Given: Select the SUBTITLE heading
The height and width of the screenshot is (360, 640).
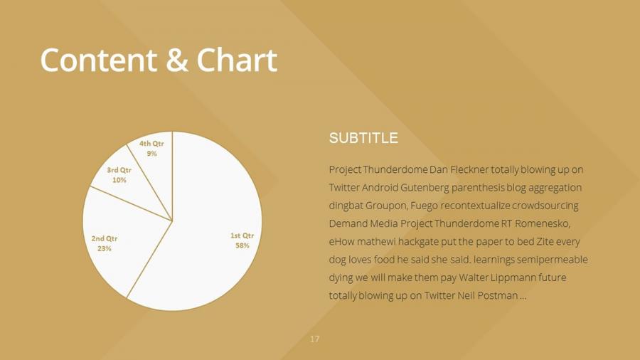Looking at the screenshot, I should (x=363, y=138).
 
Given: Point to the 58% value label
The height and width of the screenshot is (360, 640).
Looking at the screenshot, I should (x=242, y=245).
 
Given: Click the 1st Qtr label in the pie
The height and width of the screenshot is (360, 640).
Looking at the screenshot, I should (x=242, y=235).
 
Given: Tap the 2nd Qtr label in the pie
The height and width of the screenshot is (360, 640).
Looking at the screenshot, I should (x=105, y=238).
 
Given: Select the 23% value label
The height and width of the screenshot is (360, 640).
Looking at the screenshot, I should (x=105, y=248).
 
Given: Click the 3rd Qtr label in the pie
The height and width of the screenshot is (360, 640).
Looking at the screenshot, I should (x=119, y=170).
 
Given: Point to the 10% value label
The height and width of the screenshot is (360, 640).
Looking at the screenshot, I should (x=119, y=180).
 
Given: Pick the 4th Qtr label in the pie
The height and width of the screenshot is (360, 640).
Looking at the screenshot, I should (x=151, y=144).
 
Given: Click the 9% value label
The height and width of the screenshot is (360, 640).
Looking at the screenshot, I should (x=151, y=154).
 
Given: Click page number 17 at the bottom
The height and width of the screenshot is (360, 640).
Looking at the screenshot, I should (x=315, y=339).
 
